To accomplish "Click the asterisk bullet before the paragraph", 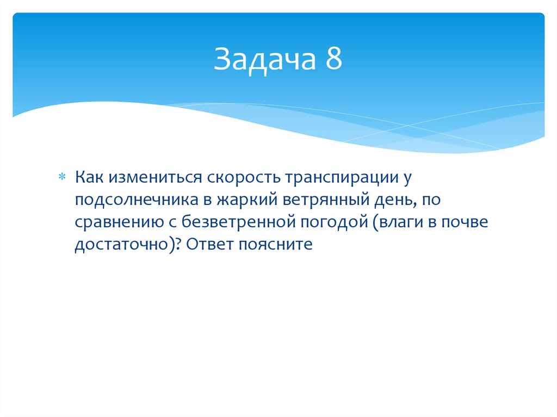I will click(61, 177).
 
